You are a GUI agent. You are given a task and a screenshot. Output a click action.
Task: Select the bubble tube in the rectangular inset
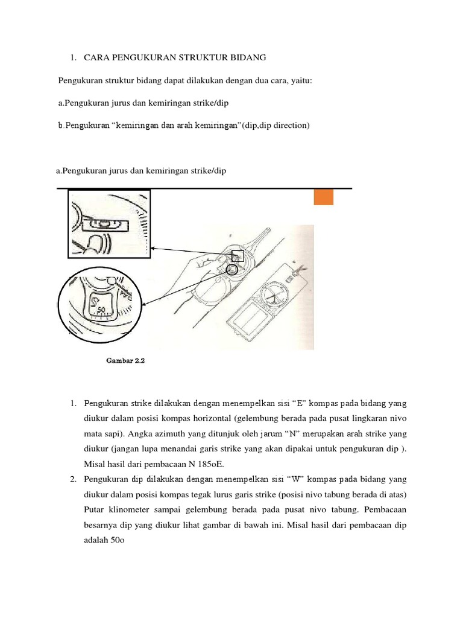click(x=105, y=225)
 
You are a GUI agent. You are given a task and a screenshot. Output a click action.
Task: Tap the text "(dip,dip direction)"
click(x=276, y=126)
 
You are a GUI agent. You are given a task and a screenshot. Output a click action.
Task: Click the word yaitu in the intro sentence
click(x=301, y=81)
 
